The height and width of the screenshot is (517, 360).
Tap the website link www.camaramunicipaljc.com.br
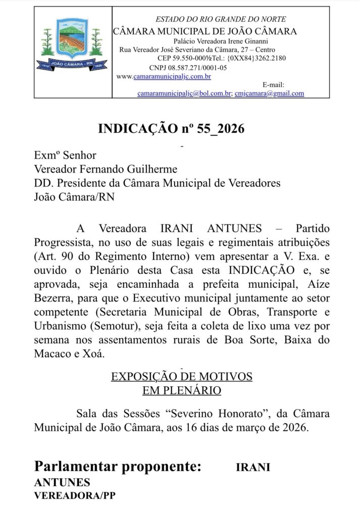(164, 77)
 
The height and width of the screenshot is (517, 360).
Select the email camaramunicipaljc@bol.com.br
(184, 93)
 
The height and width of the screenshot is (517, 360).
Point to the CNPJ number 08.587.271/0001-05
(194, 68)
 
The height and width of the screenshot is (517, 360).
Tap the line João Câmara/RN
(74, 196)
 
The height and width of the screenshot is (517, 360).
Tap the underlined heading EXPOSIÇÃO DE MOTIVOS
(182, 377)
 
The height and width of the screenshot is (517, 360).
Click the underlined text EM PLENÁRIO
(182, 390)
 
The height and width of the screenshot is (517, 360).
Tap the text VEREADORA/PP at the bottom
(75, 496)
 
